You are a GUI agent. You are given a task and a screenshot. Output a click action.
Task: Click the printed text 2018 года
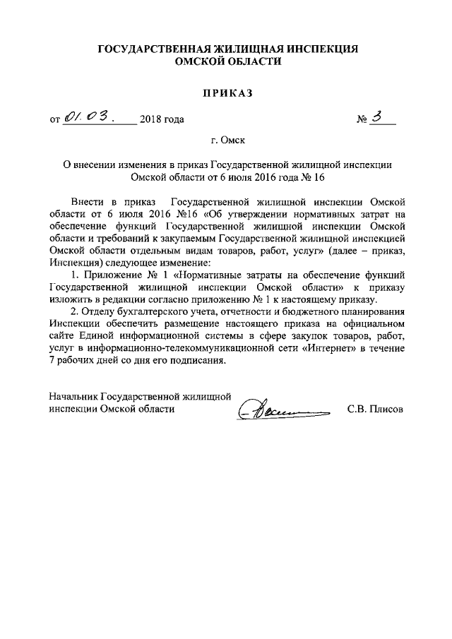[162, 119]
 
